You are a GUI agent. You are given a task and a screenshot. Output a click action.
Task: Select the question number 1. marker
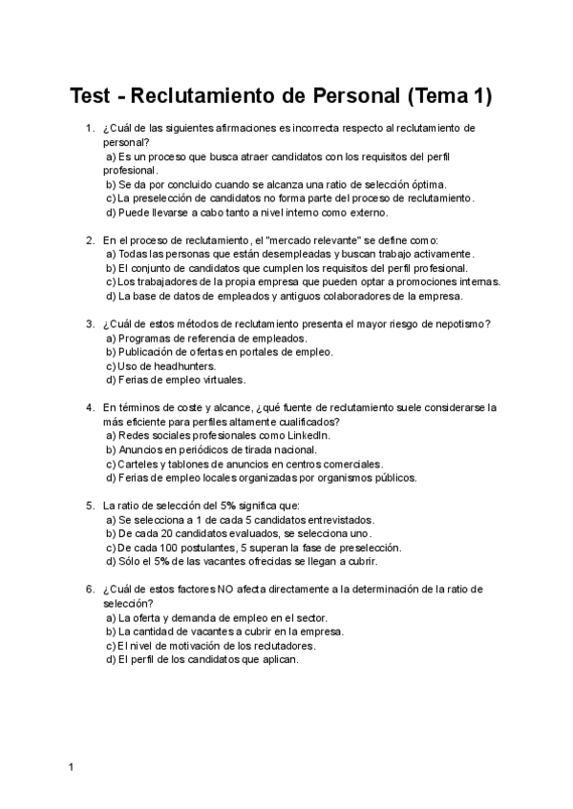(90, 128)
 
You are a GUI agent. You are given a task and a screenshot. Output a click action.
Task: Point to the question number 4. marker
(90, 407)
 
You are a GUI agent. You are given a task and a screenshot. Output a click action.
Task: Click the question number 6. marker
(90, 590)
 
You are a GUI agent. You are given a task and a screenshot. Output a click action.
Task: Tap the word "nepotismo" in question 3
(459, 323)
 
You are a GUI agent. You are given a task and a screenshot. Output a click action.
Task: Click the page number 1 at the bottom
(72, 766)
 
